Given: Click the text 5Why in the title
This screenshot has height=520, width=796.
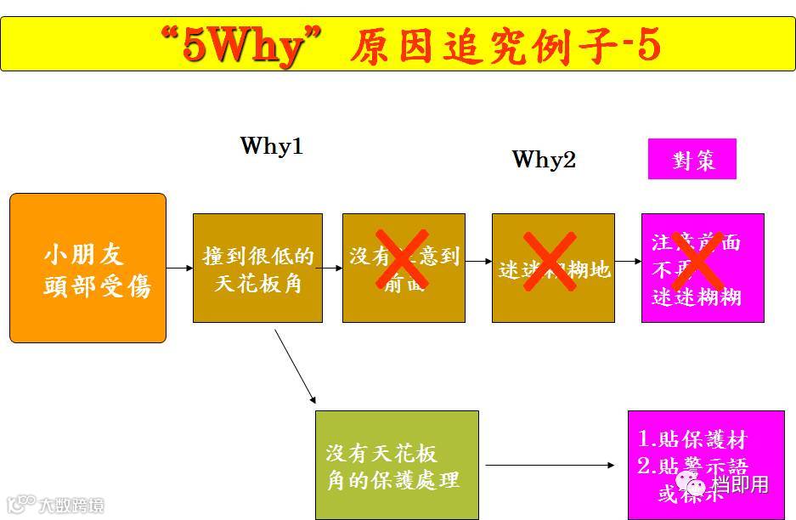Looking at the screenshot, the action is [x=242, y=47].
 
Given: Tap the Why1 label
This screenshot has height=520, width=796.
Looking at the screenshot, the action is [x=271, y=145].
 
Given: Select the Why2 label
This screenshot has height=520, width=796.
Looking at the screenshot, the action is [x=544, y=159].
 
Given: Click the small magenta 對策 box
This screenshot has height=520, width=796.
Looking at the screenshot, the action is [x=692, y=160].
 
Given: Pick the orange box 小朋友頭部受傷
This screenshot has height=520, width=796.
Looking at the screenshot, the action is [x=88, y=268].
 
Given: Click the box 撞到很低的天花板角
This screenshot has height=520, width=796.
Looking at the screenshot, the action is [x=257, y=268].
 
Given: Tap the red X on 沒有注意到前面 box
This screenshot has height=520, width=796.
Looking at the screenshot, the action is [x=401, y=258].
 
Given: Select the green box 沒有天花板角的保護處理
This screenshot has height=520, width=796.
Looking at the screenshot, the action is [x=396, y=465].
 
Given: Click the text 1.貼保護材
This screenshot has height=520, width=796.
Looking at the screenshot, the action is [x=692, y=439].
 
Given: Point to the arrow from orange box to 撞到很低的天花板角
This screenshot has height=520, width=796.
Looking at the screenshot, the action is [x=179, y=268].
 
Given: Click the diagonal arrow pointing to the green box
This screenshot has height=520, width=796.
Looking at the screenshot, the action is [x=295, y=367].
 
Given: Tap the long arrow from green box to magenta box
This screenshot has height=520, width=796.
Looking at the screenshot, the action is [x=550, y=466].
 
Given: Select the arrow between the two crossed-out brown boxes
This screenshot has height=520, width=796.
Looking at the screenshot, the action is [x=478, y=262].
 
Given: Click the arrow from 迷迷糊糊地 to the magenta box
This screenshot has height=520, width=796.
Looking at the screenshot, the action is [x=628, y=262].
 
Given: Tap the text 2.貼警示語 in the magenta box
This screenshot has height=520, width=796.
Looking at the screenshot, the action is [x=692, y=466].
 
